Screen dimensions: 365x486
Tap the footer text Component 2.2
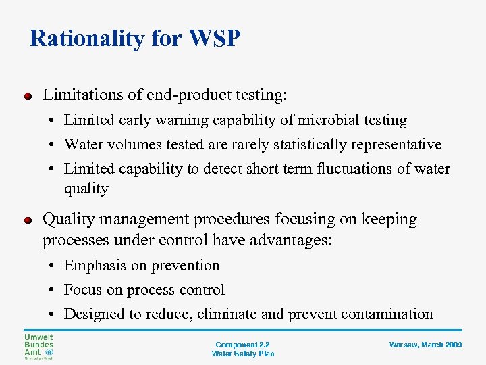(x=243, y=345)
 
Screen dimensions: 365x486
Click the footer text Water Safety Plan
(x=243, y=354)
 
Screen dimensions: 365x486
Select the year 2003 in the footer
(x=454, y=345)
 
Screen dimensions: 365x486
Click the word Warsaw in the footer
(x=403, y=345)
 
